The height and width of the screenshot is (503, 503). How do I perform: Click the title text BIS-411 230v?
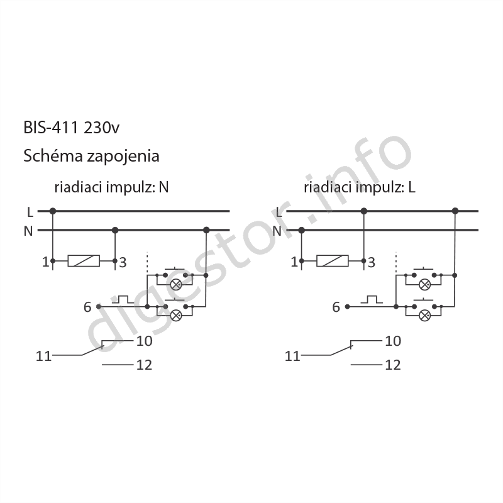coord(71,128)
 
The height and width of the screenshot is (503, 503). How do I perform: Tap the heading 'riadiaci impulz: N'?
coord(111,187)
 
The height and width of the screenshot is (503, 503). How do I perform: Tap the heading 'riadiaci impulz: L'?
coord(360,187)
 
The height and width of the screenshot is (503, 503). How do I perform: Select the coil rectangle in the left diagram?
coord(84,261)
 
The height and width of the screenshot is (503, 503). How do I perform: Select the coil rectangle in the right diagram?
coord(333,261)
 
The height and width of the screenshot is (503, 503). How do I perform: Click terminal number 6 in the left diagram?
coord(87,307)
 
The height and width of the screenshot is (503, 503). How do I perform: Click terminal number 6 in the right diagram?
coord(336,307)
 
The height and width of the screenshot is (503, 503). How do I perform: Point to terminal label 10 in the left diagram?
coord(145,341)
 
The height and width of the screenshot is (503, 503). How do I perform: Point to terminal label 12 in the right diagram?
coord(393,365)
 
